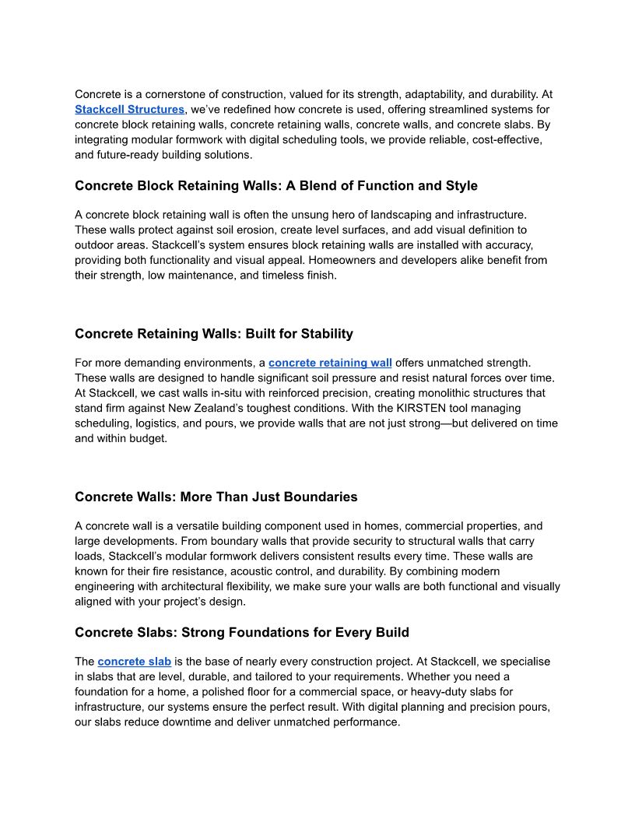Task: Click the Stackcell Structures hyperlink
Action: coord(129,110)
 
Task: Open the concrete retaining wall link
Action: coord(330,363)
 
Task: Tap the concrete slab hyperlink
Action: coord(134,662)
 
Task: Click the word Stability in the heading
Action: coord(321,334)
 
